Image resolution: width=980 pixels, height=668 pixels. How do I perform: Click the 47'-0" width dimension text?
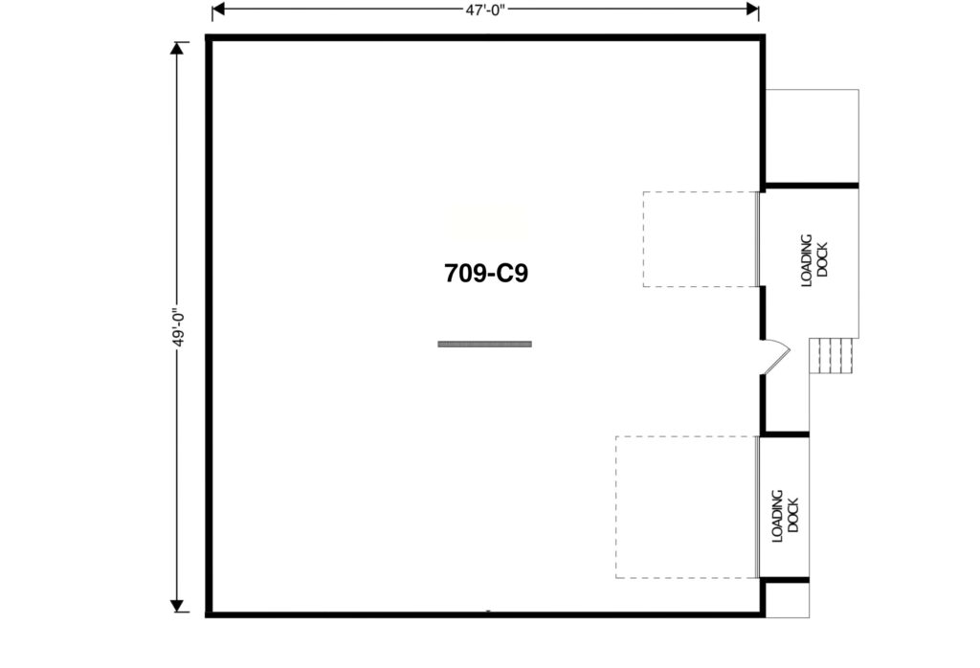[x=485, y=10]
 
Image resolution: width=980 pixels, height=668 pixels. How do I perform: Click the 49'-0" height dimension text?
[x=179, y=327]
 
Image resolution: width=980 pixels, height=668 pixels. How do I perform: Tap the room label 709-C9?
[x=486, y=273]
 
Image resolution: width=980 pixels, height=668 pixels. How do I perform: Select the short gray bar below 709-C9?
[x=485, y=344]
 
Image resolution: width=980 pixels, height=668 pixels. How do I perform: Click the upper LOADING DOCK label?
[x=815, y=260]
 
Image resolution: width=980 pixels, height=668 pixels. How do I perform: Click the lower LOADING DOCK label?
[x=785, y=516]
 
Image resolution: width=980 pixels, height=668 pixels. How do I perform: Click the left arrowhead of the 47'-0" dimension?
[x=218, y=9]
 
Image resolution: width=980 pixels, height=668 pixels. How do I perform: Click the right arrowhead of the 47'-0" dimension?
[x=752, y=9]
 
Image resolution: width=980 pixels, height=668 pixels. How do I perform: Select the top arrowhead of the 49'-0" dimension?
[x=177, y=48]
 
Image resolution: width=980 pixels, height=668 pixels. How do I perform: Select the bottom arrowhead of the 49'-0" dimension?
[x=177, y=606]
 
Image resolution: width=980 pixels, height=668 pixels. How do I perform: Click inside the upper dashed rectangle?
[x=701, y=239]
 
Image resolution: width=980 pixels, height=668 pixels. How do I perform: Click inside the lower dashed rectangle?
[x=687, y=507]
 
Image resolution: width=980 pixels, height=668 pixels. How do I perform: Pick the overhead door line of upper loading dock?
[x=759, y=239]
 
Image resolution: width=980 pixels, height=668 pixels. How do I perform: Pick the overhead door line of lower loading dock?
[x=759, y=507]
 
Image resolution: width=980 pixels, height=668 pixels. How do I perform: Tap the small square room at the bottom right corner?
[x=788, y=600]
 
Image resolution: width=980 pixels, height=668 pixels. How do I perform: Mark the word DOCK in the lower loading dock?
[x=793, y=516]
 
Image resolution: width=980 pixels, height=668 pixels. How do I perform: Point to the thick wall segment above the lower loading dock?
[x=786, y=434]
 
